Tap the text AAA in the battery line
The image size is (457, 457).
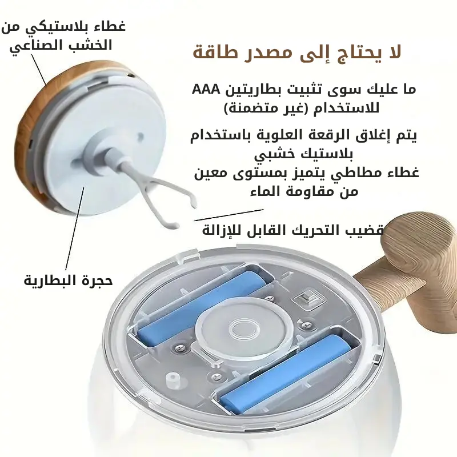[205, 89]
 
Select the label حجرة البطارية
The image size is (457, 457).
[68, 280]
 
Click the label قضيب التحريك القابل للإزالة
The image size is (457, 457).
[292, 230]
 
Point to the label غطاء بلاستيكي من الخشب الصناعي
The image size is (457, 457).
[63, 36]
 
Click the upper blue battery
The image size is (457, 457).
[201, 308]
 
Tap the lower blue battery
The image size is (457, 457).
[284, 374]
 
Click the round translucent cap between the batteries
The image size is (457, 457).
[244, 330]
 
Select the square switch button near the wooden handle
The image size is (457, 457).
[307, 298]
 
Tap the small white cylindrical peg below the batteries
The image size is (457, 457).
[173, 380]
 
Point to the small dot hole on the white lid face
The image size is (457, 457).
[141, 136]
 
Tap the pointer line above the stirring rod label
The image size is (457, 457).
[228, 215]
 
